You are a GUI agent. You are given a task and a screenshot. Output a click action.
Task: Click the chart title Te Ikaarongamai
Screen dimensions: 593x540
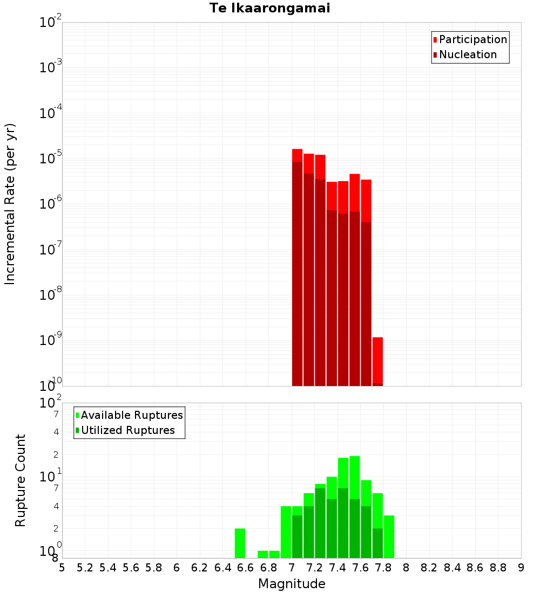pos(270,8)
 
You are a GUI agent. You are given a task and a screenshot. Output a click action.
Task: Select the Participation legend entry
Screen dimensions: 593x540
pos(473,39)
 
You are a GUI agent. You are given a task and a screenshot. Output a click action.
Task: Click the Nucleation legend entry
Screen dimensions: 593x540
pos(468,54)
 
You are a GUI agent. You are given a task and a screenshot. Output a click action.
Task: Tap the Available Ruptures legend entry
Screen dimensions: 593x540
pos(132,415)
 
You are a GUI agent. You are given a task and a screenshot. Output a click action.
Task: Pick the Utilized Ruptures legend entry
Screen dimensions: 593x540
pos(127,430)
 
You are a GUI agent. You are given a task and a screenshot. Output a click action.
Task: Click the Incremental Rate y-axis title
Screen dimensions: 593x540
pos(10,204)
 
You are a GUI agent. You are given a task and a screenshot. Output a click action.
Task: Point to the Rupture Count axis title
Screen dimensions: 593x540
pos(21,480)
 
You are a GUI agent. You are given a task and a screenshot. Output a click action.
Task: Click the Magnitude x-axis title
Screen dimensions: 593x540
pos(292,584)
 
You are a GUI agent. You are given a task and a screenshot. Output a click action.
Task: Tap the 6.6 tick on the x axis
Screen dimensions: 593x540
pos(245,568)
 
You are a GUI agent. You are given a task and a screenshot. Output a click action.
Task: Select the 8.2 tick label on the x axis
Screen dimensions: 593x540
pos(429,568)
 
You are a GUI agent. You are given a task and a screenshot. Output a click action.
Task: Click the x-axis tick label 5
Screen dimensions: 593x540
pos(62,568)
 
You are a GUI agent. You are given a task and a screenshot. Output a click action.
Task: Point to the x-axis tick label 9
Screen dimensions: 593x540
pos(521,568)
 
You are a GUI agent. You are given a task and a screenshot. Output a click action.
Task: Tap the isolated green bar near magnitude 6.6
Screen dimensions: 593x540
pos(240,543)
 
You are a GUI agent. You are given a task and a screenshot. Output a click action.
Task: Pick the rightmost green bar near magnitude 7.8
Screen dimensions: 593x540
pos(389,536)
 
